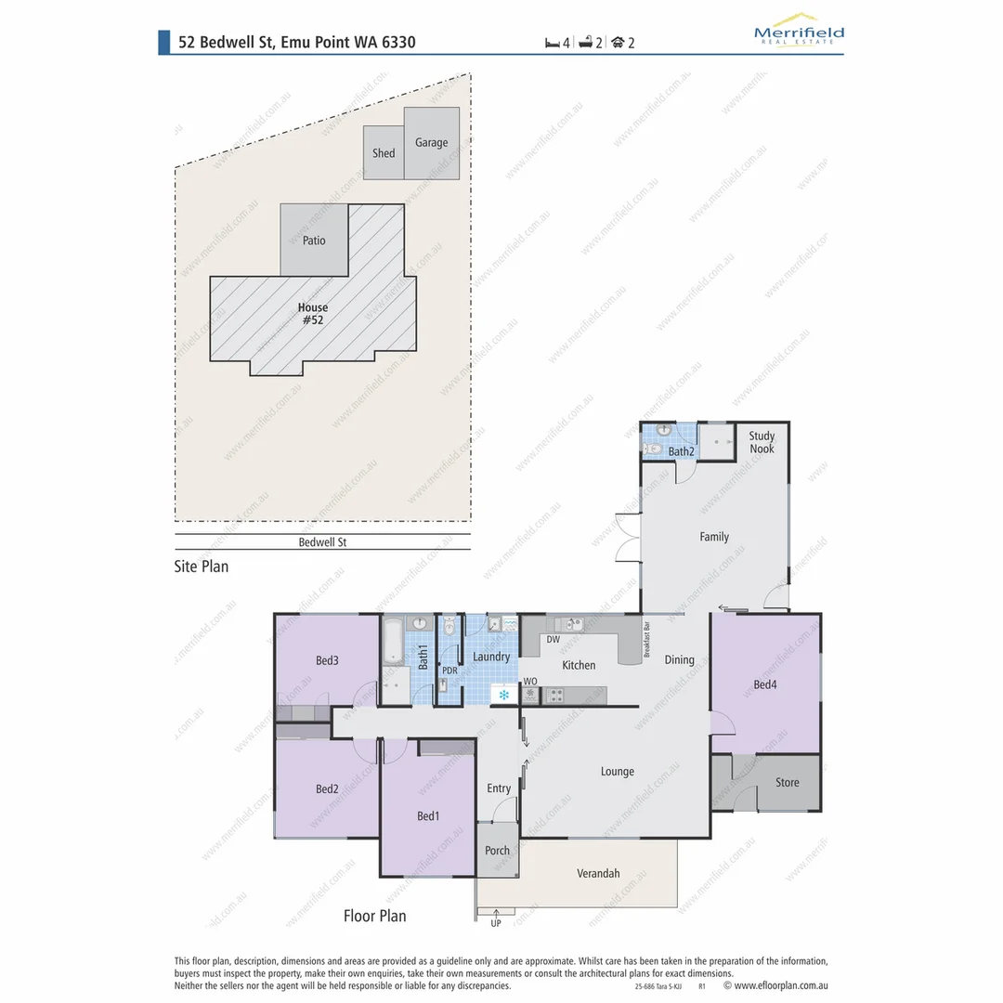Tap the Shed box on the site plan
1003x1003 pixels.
383,153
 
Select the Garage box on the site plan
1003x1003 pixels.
431,143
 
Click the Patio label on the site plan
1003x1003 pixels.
314,241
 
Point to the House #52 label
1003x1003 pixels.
313,314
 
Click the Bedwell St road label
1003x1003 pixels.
322,542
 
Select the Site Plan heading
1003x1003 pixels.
202,566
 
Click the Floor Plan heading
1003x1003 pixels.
374,916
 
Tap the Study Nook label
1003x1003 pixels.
762,442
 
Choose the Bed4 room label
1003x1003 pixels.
764,685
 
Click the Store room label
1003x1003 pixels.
787,783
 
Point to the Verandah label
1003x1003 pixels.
598,873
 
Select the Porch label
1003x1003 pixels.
498,851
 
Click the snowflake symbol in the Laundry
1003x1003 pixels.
504,694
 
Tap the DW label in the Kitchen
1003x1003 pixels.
553,640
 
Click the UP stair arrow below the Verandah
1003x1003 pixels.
496,917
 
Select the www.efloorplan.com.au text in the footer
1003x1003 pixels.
780,985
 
